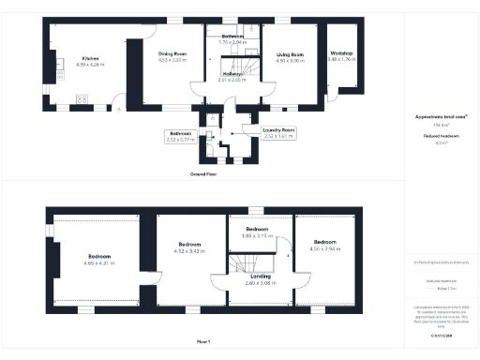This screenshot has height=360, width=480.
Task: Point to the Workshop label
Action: [x=340, y=56]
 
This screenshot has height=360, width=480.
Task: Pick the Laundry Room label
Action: [x=278, y=131]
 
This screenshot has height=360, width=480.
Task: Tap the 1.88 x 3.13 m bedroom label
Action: [x=258, y=232]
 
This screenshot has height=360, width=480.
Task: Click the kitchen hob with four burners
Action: [x=82, y=98]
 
